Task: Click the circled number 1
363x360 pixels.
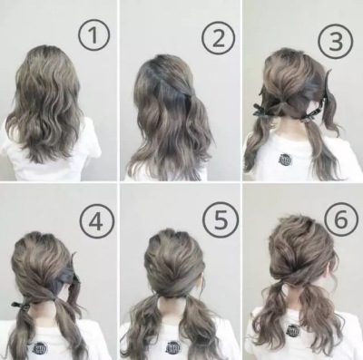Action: tap(93, 35)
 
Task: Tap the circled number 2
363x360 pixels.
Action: tap(219, 39)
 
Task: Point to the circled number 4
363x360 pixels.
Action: tap(96, 218)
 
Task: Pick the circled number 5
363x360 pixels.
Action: tap(221, 218)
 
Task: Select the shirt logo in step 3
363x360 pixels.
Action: tap(285, 160)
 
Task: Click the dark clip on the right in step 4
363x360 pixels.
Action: tap(66, 275)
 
